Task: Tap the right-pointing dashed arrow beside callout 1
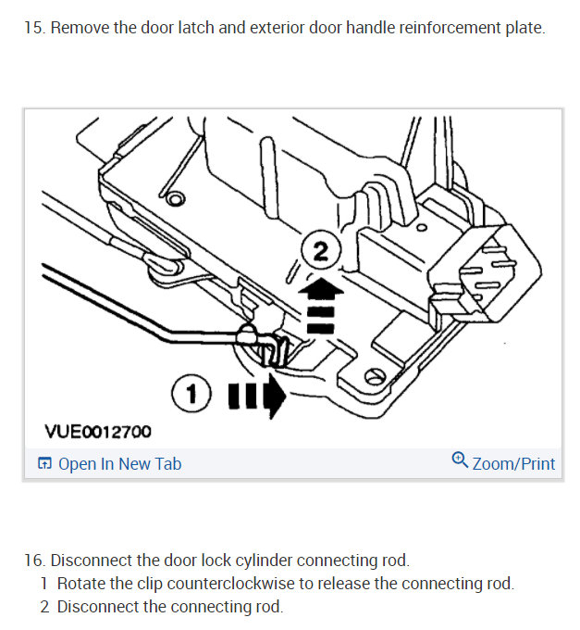[x=258, y=397]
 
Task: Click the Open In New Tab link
[x=119, y=463]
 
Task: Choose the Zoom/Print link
[x=513, y=463]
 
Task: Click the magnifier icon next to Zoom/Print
[x=460, y=460]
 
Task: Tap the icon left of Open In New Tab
[x=43, y=464]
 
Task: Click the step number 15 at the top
[x=33, y=27]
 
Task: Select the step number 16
[x=33, y=561]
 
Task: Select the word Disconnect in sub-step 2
[x=96, y=608]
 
